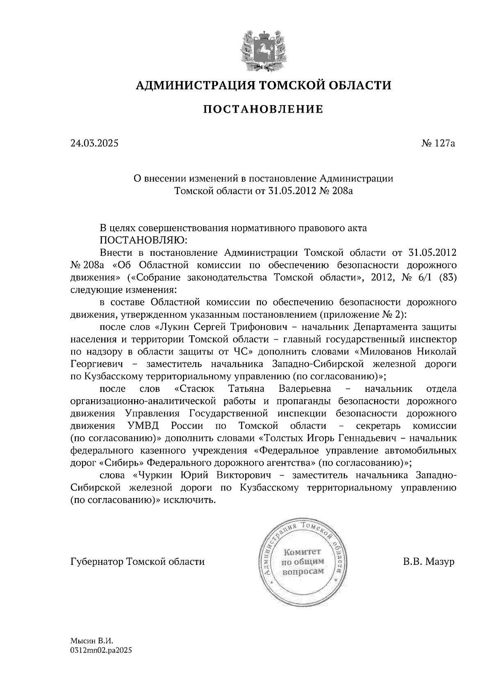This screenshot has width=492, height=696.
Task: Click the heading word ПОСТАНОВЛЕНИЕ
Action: coord(264,109)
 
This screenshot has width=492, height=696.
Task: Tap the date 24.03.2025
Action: coord(94,143)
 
